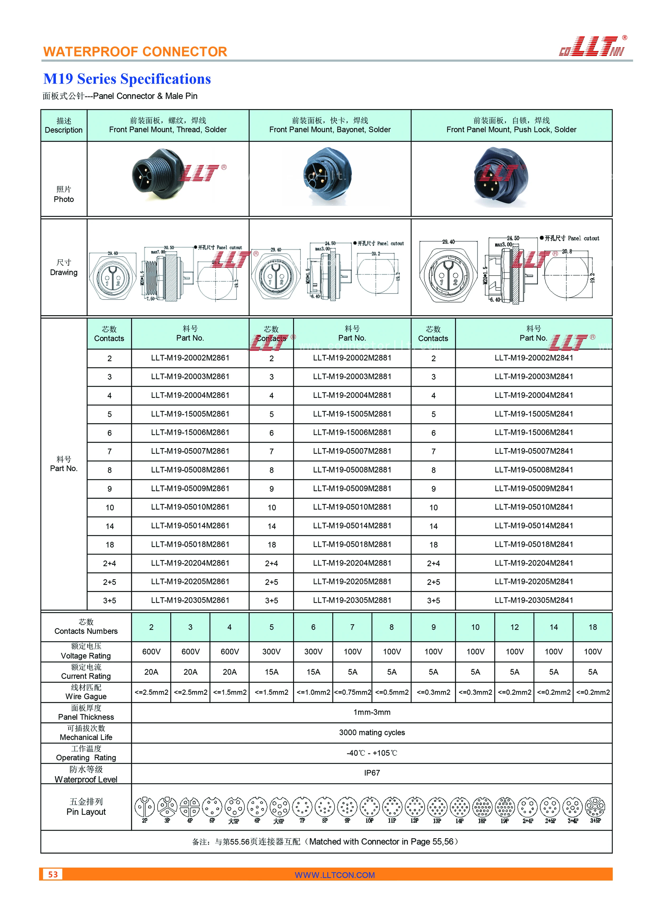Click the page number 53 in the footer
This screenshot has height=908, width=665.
(53, 874)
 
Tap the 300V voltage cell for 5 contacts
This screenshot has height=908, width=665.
(271, 651)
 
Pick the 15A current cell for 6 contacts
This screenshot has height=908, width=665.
(313, 672)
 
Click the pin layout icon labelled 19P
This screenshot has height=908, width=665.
(504, 807)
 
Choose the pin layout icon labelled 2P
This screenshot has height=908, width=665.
(144, 807)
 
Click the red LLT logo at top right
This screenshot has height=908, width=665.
(593, 46)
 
